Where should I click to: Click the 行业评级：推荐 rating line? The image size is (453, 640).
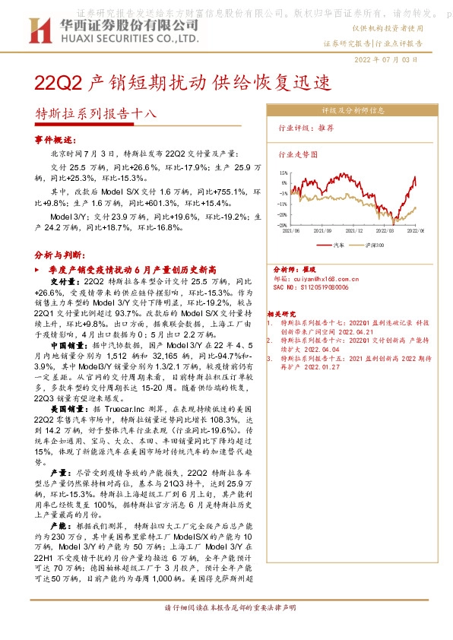[306, 128]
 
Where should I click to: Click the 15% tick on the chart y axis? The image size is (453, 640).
[283, 173]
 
